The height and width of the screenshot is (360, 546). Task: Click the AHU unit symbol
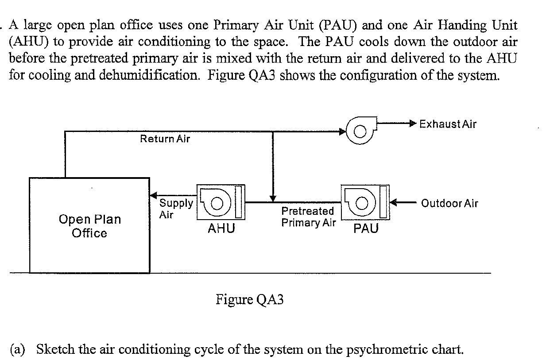(x=220, y=202)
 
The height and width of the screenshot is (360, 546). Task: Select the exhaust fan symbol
(x=360, y=130)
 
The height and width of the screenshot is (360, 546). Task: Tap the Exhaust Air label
(x=448, y=124)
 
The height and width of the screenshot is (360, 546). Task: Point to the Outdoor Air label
(x=449, y=203)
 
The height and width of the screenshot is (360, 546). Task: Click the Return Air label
(x=165, y=139)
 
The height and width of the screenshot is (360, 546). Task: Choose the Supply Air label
(x=175, y=209)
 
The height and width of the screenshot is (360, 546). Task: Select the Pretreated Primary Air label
(x=308, y=217)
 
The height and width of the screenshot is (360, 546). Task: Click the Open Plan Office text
(x=89, y=226)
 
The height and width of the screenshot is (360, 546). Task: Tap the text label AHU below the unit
(x=221, y=228)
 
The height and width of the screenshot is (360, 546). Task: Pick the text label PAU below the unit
(x=366, y=228)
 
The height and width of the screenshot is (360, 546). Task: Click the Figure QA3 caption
(x=249, y=300)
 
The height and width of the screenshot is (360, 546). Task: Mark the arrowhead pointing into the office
(x=154, y=195)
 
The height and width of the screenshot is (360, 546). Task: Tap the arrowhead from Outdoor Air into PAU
(x=393, y=203)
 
